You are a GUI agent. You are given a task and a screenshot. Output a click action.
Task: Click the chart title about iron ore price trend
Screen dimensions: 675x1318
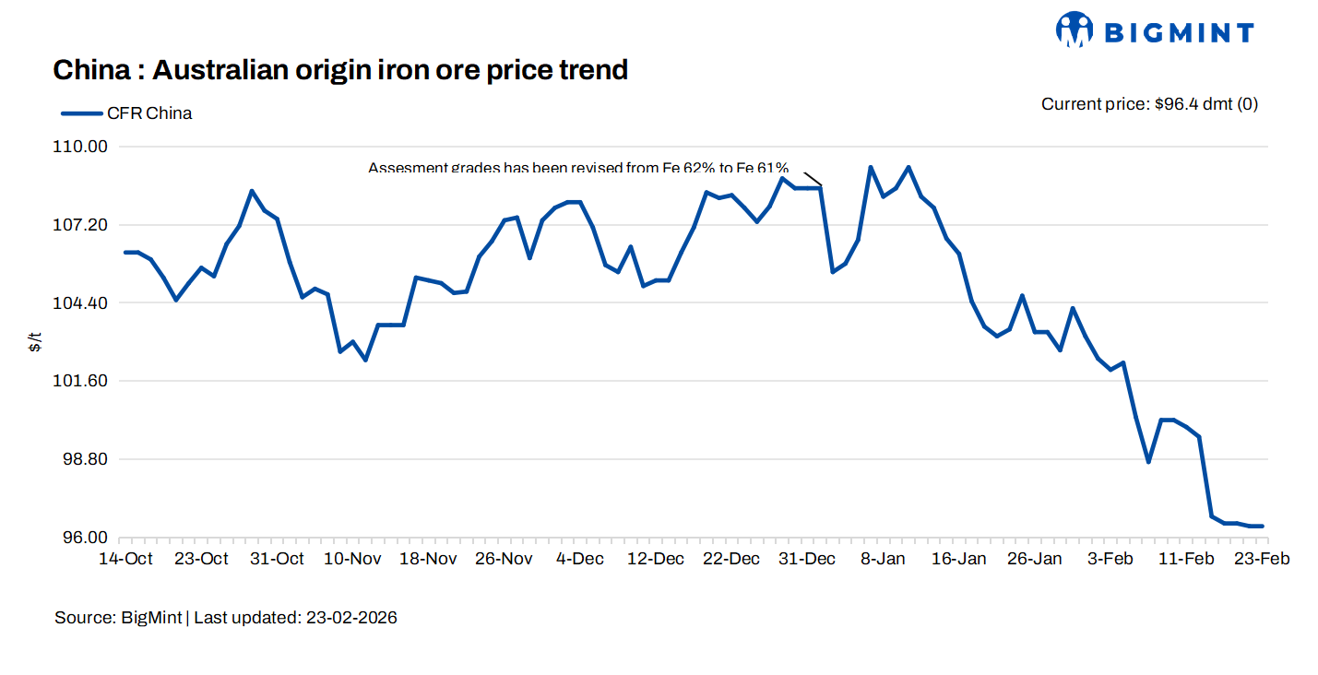click(x=340, y=69)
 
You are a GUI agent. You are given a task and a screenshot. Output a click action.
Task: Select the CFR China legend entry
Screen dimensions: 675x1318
click(x=127, y=113)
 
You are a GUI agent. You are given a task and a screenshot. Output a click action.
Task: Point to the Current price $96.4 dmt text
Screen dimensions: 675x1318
click(x=1149, y=104)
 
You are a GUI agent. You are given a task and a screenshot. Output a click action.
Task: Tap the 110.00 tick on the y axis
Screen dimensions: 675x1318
click(x=85, y=147)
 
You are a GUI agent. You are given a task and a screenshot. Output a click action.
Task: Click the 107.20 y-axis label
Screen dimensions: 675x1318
click(x=85, y=225)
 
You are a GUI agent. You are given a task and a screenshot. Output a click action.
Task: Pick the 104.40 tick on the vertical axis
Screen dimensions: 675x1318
click(x=85, y=303)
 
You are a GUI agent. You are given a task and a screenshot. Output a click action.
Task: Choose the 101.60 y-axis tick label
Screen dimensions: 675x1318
click(x=85, y=381)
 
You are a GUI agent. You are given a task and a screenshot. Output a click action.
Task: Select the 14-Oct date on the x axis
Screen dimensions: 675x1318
click(x=125, y=559)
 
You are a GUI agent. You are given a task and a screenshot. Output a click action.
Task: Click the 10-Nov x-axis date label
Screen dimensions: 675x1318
click(x=353, y=559)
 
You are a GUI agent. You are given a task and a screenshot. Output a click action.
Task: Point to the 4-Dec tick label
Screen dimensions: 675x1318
click(x=581, y=559)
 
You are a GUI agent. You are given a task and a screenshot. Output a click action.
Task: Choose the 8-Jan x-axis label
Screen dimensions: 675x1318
click(x=883, y=559)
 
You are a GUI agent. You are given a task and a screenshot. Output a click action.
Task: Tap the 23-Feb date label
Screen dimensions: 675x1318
click(x=1263, y=559)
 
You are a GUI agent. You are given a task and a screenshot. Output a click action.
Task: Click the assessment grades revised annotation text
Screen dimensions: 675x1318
click(x=578, y=168)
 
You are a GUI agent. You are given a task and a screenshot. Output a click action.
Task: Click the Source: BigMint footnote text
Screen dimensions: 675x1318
click(x=226, y=618)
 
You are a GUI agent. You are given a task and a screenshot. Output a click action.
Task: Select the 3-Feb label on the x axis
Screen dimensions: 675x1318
click(x=1110, y=559)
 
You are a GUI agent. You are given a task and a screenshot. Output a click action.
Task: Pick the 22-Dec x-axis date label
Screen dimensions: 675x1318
click(x=731, y=559)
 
